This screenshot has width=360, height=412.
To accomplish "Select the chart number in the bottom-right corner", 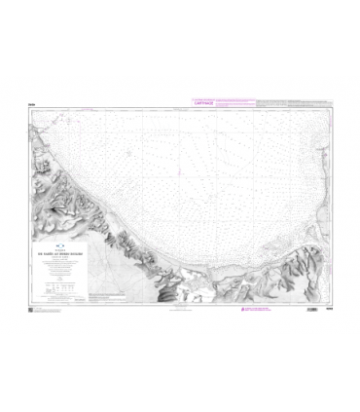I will point(327,311).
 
